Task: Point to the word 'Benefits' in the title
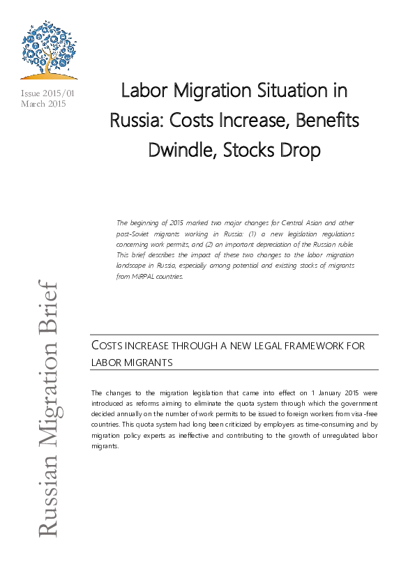[323, 121]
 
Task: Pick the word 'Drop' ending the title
[299, 151]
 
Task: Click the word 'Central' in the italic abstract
[292, 222]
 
